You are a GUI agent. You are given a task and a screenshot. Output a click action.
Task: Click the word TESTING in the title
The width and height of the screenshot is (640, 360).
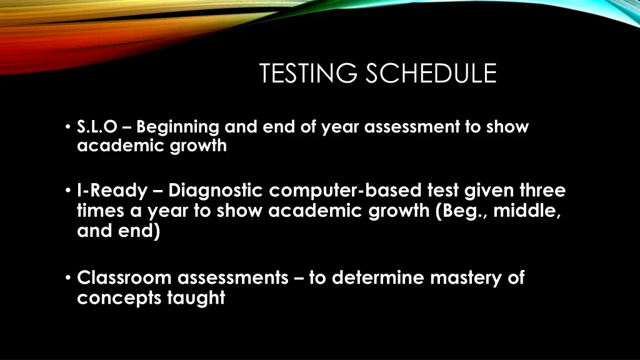(310, 74)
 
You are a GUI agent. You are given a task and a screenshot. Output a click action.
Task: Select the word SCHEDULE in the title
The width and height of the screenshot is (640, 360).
(431, 74)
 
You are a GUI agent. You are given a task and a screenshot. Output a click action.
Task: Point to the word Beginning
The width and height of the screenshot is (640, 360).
(177, 127)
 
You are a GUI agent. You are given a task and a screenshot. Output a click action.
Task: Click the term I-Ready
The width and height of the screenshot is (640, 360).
(112, 190)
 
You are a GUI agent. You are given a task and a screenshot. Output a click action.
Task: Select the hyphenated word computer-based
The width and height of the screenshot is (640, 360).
(338, 190)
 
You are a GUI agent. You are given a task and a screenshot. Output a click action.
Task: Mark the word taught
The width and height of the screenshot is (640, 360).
(196, 299)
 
